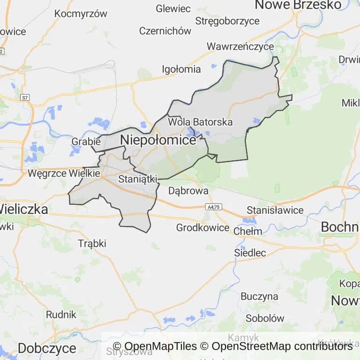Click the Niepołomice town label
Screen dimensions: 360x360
tap(158, 140)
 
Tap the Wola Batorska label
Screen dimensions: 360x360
tap(200, 122)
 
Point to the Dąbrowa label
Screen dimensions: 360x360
tap(188, 191)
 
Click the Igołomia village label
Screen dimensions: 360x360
tap(181, 69)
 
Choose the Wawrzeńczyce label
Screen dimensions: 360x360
tap(240, 46)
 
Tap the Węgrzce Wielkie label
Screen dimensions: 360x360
tap(64, 173)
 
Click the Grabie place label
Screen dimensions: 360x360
tap(86, 141)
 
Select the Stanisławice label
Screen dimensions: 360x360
tap(275, 210)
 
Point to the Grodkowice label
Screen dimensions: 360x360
tap(202, 228)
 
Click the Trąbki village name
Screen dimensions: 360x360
tap(92, 243)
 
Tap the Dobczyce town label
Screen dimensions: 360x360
tap(47, 348)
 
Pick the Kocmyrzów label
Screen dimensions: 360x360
tap(81, 14)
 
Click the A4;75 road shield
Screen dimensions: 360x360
tap(213, 206)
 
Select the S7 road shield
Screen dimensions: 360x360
tap(25, 97)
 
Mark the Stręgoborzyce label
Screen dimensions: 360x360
tap(227, 21)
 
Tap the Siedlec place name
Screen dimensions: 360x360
tap(250, 253)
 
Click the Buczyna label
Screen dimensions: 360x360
tap(259, 296)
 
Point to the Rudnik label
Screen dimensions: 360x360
tap(61, 314)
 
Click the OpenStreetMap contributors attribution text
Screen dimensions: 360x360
tap(282, 346)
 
